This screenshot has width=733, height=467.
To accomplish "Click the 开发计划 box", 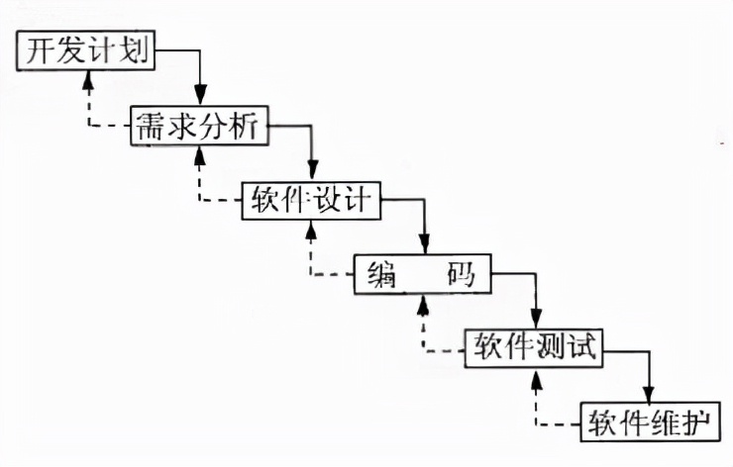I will point(87,50).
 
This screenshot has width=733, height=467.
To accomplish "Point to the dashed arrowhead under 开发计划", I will point(88,80).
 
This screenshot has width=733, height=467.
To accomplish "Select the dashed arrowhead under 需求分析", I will point(200,154).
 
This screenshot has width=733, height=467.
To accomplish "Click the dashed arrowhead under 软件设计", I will point(312,230).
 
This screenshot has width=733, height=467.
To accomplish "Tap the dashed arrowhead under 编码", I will point(425,304).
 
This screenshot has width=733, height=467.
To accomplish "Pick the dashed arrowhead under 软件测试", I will point(536,376).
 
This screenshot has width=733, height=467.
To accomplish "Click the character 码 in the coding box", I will point(461,275).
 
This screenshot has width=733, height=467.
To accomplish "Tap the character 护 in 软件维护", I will point(698,421).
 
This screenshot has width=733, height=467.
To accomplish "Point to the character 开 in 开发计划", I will point(39,50).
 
